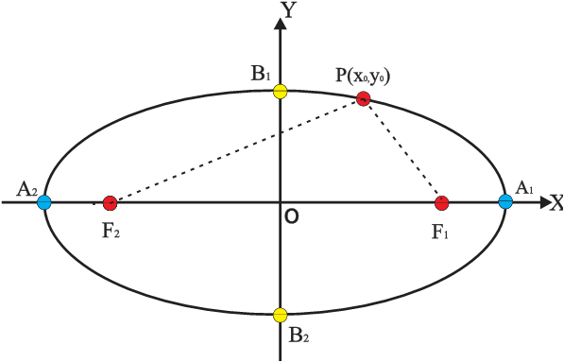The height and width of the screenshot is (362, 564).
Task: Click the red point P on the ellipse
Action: coord(363,99)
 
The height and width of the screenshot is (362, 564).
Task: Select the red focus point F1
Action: coord(441,202)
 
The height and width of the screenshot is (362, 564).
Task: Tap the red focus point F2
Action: coord(110,202)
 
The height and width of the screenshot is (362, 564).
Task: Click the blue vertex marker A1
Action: coord(505,200)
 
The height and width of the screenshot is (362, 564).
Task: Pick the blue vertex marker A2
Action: coord(43,201)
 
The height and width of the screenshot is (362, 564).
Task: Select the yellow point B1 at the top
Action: coord(280,92)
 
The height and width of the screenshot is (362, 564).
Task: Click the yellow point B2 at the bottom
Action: coord(280,314)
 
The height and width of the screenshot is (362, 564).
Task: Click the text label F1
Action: coord(440,231)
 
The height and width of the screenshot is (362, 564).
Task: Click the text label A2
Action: coord(26,191)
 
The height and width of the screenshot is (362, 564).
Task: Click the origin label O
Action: coord(292,217)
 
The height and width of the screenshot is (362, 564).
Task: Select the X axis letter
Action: coord(555,202)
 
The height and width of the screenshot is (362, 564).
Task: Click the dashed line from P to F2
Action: coord(236,151)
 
